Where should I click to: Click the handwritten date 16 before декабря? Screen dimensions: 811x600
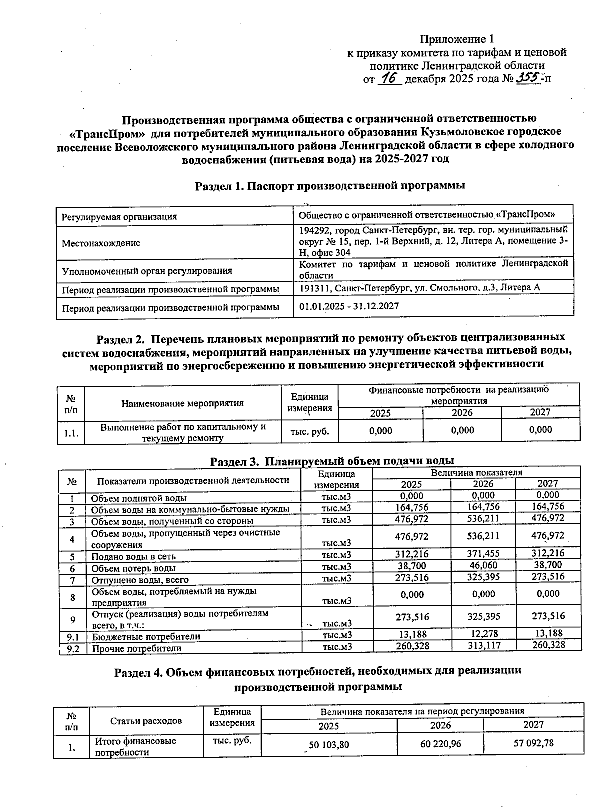click(x=390, y=78)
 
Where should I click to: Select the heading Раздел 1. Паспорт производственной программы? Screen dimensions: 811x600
click(x=330, y=186)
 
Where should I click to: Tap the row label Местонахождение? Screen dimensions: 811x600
click(x=101, y=243)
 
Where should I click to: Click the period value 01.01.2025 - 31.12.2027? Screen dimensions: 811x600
click(x=349, y=306)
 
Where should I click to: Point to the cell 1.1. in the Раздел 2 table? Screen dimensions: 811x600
click(x=70, y=433)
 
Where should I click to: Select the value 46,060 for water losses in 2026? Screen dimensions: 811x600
click(x=483, y=565)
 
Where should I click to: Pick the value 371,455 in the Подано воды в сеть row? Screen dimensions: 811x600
click(x=483, y=553)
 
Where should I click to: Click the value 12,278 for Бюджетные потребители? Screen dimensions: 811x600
click(x=483, y=634)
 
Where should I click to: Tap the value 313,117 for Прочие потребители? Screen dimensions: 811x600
click(x=483, y=645)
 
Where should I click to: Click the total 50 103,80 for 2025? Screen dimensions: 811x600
click(x=329, y=745)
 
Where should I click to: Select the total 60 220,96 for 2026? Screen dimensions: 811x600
click(x=440, y=744)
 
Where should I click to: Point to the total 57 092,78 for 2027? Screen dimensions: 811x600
click(x=533, y=743)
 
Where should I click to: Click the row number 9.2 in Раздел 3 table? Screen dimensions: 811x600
click(x=73, y=649)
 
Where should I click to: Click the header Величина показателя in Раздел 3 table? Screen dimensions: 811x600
click(x=476, y=472)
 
